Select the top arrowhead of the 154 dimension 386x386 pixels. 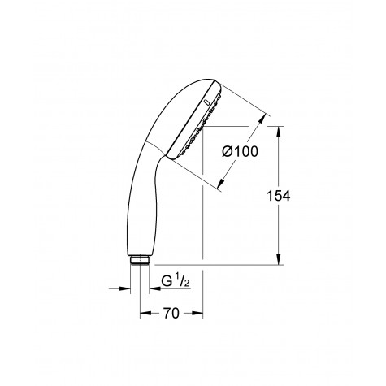[279, 131]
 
